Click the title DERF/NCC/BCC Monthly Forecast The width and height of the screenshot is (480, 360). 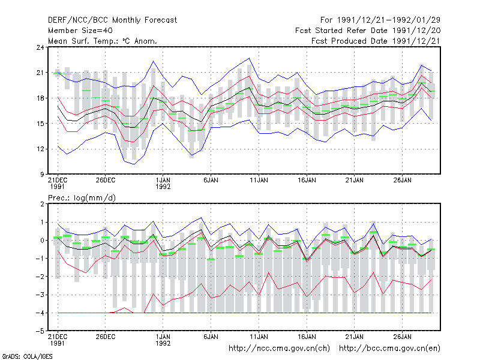112,20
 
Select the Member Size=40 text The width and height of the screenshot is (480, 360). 80,31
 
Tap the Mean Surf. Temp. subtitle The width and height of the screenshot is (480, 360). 103,41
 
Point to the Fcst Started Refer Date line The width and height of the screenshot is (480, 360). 368,31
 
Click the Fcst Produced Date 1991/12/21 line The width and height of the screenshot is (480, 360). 376,41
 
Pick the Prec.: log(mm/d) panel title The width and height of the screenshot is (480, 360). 82,198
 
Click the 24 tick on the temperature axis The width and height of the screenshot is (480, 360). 40,47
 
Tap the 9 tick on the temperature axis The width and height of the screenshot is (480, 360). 42,175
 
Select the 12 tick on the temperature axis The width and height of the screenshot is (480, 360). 40,149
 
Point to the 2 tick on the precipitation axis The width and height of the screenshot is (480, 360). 42,204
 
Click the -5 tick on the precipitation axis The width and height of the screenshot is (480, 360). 40,331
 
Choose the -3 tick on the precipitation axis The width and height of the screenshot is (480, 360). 40,295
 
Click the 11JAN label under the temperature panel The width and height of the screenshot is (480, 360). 259,181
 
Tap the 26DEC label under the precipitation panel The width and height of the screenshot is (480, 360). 106,337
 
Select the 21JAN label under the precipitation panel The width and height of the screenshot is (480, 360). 355,337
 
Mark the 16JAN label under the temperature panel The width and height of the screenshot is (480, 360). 307,181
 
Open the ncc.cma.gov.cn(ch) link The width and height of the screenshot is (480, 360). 279,349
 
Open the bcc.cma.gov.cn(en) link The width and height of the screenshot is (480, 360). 389,349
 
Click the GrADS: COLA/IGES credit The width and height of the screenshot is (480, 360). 27,356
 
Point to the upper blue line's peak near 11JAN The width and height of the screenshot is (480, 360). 249,58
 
